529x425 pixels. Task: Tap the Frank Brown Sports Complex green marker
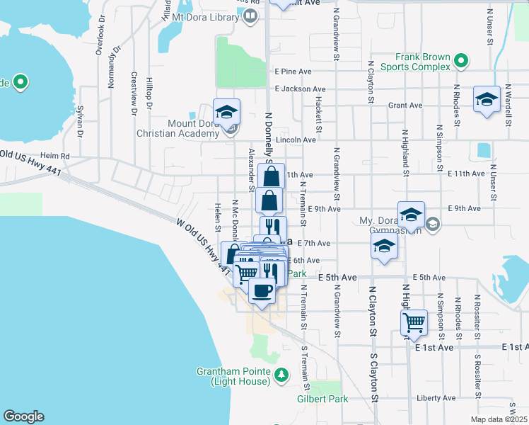coord(461,62)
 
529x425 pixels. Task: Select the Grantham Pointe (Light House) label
coord(233,377)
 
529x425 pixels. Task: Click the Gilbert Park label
coord(324,399)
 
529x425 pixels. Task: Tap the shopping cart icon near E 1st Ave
coord(414,323)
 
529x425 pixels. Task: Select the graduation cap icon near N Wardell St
coord(487,99)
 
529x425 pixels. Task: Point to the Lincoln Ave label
coord(296,140)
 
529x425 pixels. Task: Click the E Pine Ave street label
coord(293,72)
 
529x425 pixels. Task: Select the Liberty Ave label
coord(436,398)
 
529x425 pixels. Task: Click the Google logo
coord(23,416)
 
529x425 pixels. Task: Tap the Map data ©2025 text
coord(496,419)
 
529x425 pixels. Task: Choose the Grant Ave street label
coord(405,106)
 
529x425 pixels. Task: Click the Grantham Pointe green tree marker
coord(281,374)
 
